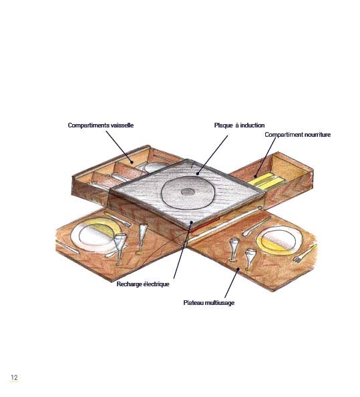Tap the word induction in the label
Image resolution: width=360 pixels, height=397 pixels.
pyautogui.click(x=252, y=125)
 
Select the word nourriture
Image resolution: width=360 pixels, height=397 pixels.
pyautogui.click(x=317, y=134)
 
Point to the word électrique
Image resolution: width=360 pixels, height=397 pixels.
pyautogui.click(x=156, y=284)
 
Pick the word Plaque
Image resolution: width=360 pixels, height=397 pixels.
pyautogui.click(x=223, y=125)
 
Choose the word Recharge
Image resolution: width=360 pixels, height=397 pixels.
pyautogui.click(x=130, y=284)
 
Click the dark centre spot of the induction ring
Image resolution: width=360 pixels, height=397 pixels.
pyautogui.click(x=188, y=192)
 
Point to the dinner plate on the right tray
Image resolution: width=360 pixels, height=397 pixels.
pyautogui.click(x=279, y=240)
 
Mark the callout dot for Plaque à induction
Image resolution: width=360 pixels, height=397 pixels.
pyautogui.click(x=197, y=173)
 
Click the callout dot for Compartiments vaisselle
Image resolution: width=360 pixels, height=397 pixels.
pyautogui.click(x=132, y=162)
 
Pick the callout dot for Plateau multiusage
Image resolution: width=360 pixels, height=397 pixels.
pyautogui.click(x=238, y=269)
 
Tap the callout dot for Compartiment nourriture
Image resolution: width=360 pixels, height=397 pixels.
pyautogui.click(x=256, y=176)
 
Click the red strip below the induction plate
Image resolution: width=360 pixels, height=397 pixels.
pyautogui.click(x=205, y=224)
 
